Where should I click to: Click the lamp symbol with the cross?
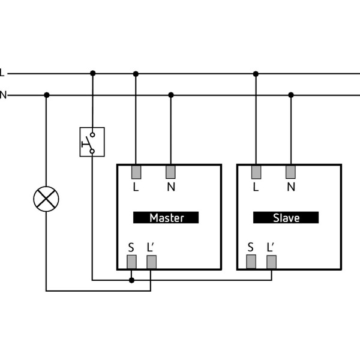[x=46, y=199]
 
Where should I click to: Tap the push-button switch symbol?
[x=92, y=142]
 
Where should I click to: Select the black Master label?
[x=166, y=218]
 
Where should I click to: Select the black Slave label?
[x=286, y=218]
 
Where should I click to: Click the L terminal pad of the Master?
[x=136, y=172]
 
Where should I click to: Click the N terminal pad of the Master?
[x=171, y=172]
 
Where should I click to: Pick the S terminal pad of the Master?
[x=131, y=262]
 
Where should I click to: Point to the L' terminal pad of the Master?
[x=151, y=262]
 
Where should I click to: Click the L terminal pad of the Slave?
[x=256, y=172]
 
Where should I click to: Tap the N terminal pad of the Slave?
[x=291, y=172]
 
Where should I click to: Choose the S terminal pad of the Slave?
[x=251, y=262]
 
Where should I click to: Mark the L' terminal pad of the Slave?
[x=271, y=262]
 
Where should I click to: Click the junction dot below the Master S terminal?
[x=131, y=280]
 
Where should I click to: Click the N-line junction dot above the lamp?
[x=46, y=95]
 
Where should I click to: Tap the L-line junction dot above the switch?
[x=92, y=74]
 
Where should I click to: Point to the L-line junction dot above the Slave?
[x=256, y=74]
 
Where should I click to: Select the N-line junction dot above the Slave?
[x=291, y=95]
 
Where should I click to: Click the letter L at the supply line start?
[x=2, y=73]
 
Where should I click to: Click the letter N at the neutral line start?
[x=2, y=95]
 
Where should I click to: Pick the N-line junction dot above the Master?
[x=171, y=95]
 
